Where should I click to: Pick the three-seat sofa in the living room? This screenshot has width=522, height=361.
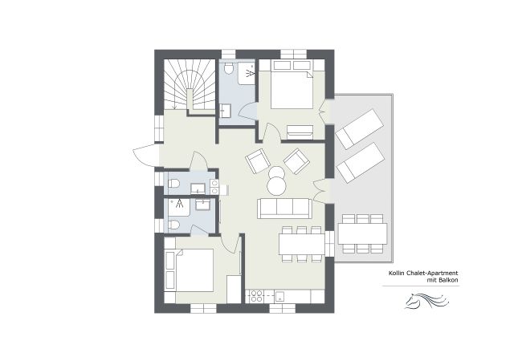(284, 209)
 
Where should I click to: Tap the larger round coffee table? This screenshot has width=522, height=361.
(276, 185)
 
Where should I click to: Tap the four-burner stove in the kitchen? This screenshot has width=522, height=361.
(258, 296)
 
